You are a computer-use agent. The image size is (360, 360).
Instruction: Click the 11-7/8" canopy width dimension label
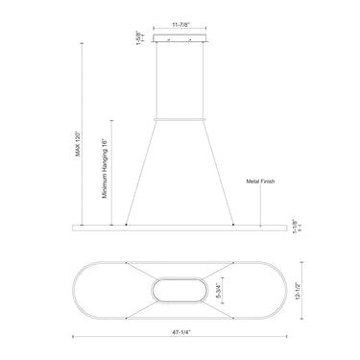point(181,24)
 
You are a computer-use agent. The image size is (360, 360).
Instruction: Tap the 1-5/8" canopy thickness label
point(138,38)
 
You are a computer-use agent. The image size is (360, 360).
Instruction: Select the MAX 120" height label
point(78,144)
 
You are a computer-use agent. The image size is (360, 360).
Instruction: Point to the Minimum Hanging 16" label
point(105,169)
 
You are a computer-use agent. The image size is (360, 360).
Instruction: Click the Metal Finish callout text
point(260,181)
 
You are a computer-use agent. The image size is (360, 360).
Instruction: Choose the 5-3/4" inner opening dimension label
point(219,290)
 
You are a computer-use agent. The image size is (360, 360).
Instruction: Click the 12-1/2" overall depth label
point(298,291)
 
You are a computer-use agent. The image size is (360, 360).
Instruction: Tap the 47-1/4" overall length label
point(181,332)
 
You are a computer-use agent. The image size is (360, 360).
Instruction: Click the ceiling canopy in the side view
point(180,38)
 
